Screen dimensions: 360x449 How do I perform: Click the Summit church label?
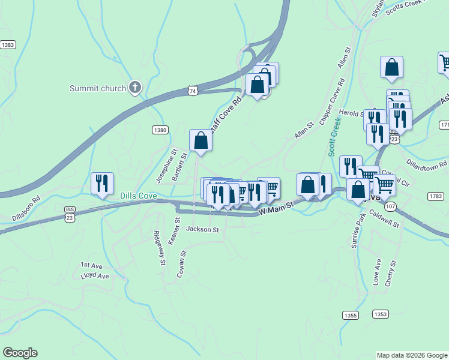98,88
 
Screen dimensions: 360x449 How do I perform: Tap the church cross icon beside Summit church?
135,88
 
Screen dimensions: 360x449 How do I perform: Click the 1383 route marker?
8,45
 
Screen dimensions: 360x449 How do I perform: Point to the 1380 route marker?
160,130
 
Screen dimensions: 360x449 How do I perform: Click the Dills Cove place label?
138,196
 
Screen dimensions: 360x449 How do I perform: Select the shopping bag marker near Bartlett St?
200,140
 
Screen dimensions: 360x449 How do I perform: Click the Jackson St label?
203,229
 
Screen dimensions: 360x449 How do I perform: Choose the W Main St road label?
276,208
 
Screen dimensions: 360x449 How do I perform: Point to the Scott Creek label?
334,137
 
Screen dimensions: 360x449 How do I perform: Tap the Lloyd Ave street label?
95,276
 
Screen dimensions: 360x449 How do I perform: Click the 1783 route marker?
436,196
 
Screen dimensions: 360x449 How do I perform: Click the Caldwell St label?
384,218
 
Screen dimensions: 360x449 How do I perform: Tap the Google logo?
20,353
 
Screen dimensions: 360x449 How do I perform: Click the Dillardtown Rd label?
427,163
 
